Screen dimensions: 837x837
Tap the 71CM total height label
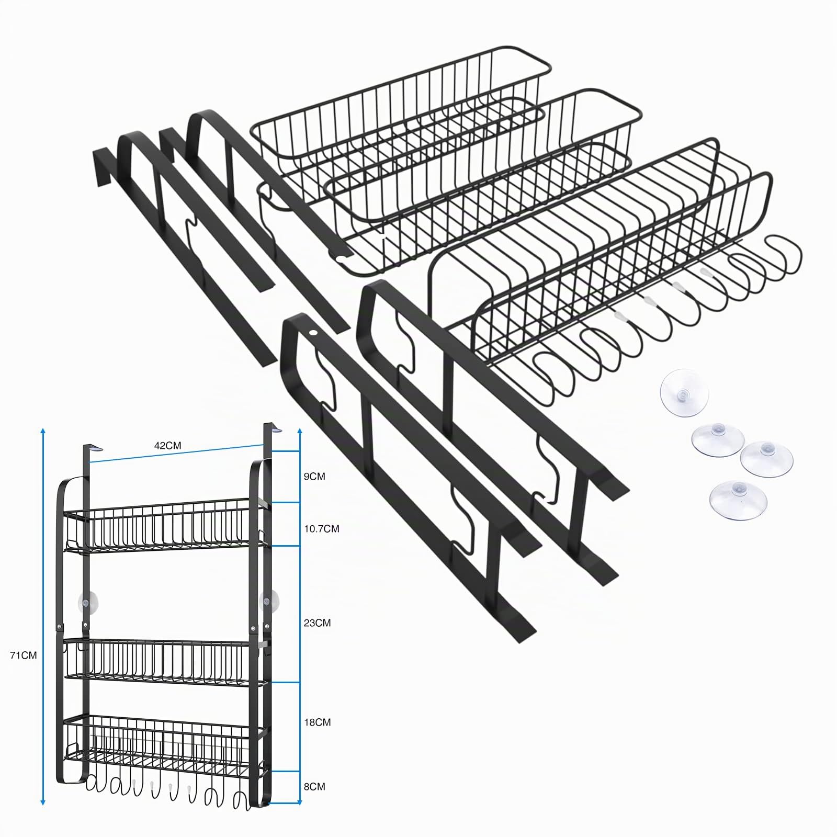(x=24, y=655)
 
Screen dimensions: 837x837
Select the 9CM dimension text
(x=314, y=477)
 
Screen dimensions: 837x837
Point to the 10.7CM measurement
(x=322, y=529)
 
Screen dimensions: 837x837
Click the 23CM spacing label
(x=318, y=623)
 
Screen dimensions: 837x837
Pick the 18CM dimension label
(x=318, y=722)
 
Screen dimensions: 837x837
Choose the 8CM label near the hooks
(x=314, y=801)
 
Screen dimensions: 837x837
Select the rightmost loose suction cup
(x=766, y=459)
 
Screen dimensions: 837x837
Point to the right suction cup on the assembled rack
(x=269, y=601)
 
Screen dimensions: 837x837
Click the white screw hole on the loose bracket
(x=313, y=333)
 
